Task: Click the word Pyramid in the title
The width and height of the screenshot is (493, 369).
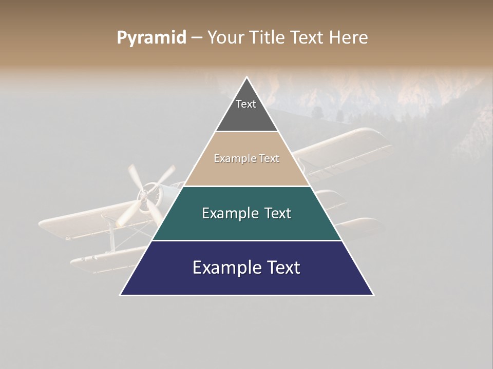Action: tap(151, 38)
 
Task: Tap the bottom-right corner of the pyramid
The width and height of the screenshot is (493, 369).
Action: tap(373, 295)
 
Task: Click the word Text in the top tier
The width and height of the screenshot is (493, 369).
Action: tap(246, 104)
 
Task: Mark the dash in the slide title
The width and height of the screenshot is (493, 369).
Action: tap(197, 38)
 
